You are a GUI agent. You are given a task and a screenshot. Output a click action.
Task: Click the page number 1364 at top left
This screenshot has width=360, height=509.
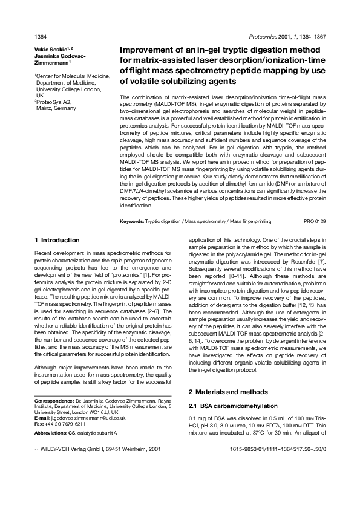41,36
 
